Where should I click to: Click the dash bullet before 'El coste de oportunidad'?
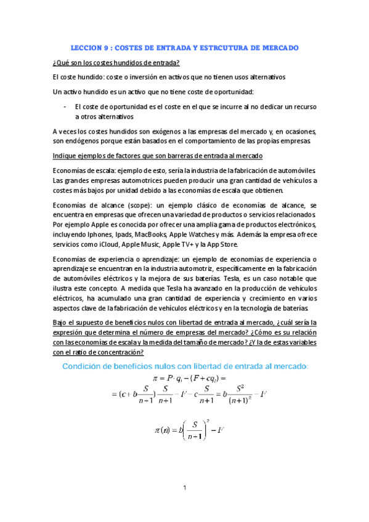[x=65, y=106]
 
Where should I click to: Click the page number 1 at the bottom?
[x=184, y=488]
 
